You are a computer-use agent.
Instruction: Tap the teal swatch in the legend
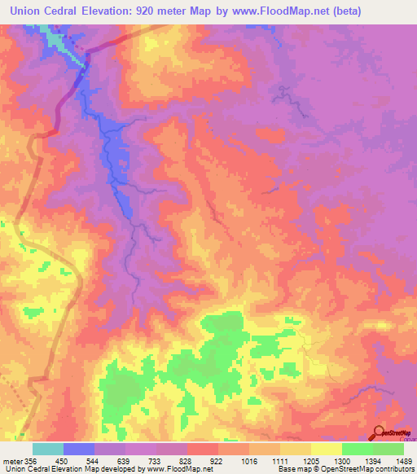point(47,449)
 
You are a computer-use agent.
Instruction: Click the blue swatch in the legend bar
point(78,449)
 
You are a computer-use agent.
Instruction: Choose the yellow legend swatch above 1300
point(326,449)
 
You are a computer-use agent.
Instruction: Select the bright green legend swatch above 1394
point(357,449)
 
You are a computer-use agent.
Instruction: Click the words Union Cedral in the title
point(46,11)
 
